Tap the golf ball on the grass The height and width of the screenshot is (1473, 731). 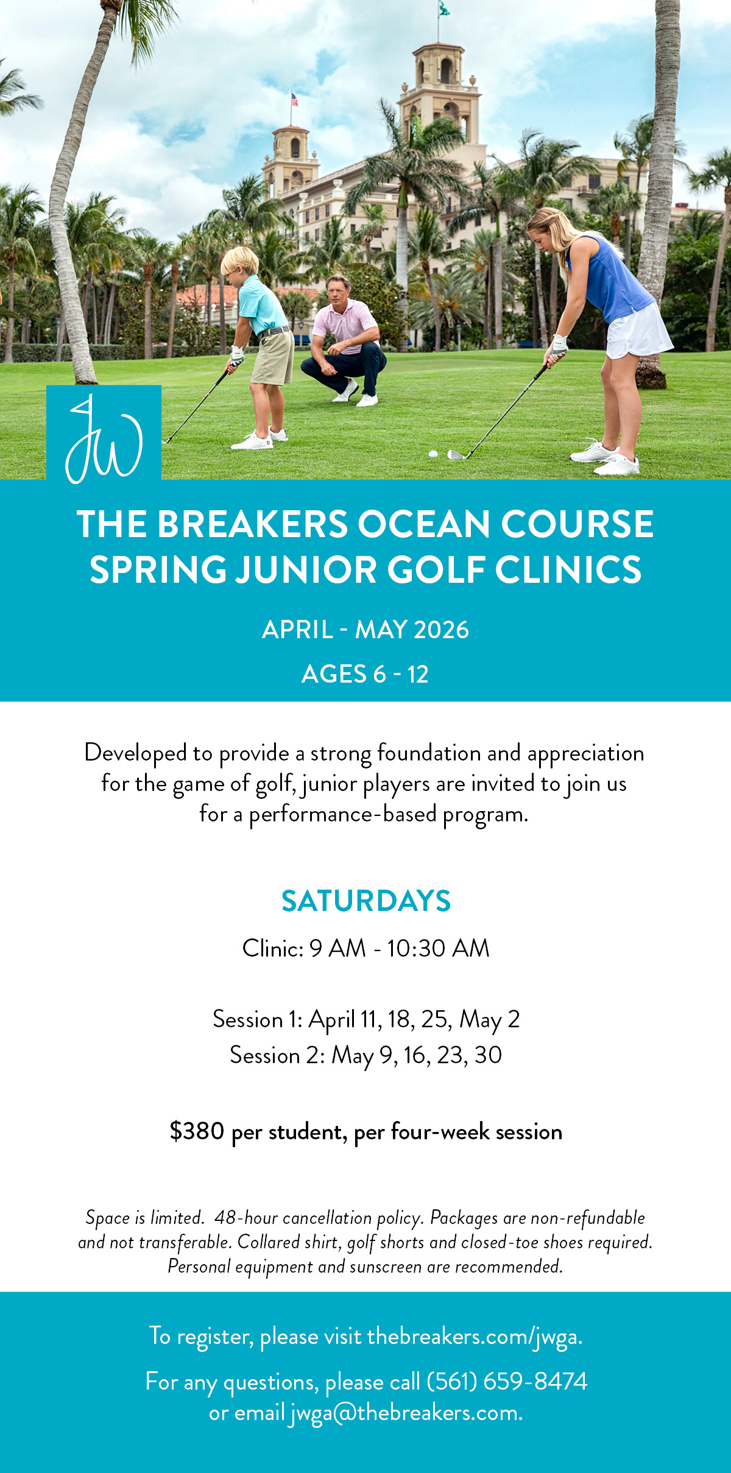(433, 454)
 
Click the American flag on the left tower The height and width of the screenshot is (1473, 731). (294, 99)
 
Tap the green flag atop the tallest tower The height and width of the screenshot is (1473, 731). (443, 8)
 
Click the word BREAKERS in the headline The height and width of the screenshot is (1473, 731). (253, 524)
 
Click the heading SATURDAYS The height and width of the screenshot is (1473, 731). (365, 901)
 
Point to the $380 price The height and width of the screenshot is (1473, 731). (197, 1131)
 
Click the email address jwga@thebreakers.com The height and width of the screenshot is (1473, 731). (406, 1413)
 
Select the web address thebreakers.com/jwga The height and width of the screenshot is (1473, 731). (475, 1337)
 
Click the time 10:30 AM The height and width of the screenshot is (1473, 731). (438, 948)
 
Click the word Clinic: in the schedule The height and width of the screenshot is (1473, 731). (273, 948)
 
